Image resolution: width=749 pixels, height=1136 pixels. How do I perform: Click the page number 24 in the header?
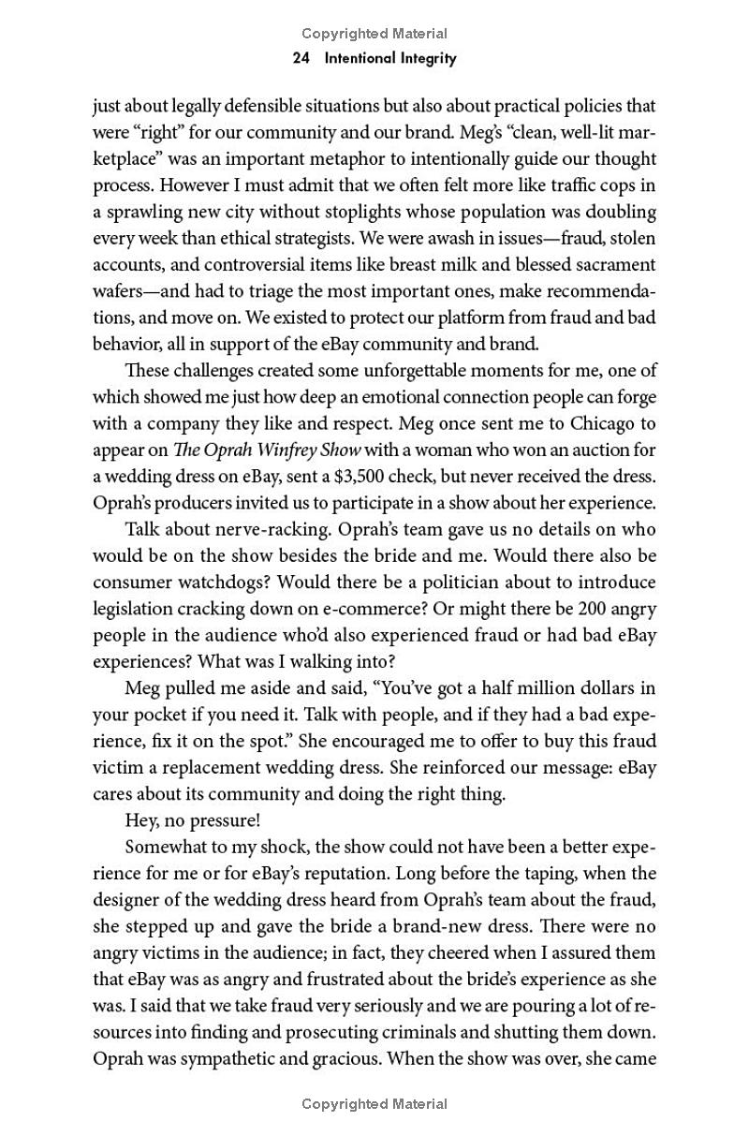click(x=301, y=58)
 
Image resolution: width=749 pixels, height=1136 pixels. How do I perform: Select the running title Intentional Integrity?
click(x=389, y=58)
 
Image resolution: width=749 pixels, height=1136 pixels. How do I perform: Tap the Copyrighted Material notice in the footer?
click(x=374, y=1104)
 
